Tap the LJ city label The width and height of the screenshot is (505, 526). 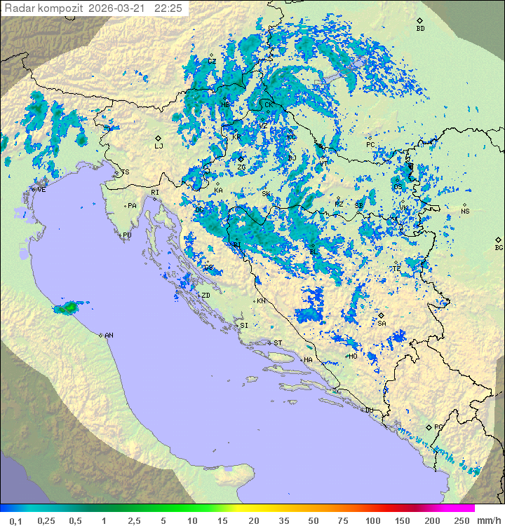click(159, 146)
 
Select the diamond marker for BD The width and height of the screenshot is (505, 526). click(419, 21)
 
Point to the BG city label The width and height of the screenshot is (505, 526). click(499, 247)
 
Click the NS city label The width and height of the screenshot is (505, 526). click(465, 212)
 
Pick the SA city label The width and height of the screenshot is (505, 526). click(382, 324)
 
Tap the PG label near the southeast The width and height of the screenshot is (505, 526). click(438, 427)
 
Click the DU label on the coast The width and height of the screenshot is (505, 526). click(369, 410)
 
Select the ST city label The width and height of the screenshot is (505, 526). click(278, 343)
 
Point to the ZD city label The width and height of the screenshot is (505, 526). click(206, 296)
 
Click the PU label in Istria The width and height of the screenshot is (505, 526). click(127, 235)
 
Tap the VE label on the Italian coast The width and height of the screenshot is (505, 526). click(41, 190)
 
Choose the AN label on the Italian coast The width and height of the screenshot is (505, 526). click(109, 335)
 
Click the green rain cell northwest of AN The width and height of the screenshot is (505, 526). click(69, 307)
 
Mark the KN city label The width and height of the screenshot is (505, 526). click(261, 301)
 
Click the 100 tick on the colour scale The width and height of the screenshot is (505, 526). click(372, 520)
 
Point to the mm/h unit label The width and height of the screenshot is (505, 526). click(486, 520)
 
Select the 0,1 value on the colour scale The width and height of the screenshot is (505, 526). click(15, 520)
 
